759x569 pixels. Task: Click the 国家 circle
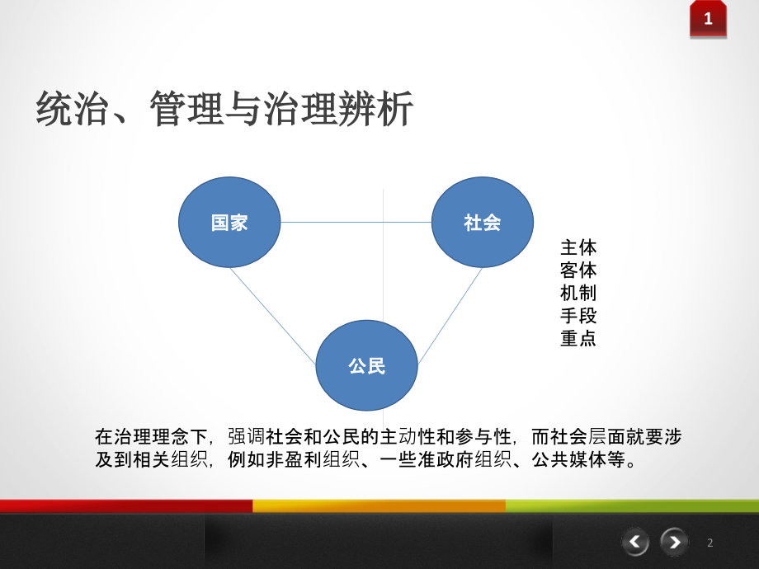(229, 222)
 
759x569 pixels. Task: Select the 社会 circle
(483, 222)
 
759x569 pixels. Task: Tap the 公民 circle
(367, 365)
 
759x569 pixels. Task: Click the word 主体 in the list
(577, 247)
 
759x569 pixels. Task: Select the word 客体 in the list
(577, 270)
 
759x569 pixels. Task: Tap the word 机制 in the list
(577, 292)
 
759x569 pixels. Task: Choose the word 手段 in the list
(577, 315)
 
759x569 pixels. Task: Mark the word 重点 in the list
(577, 338)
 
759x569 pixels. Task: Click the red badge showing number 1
(708, 19)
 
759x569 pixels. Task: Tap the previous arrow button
(635, 542)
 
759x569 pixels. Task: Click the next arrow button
(675, 542)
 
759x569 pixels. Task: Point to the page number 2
(709, 543)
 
